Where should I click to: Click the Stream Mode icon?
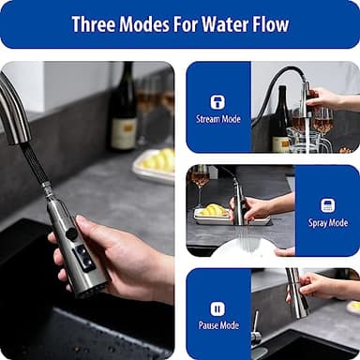point(217,101)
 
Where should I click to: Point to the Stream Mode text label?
point(217,120)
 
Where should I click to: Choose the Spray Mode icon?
point(327,205)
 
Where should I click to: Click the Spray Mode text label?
point(327,223)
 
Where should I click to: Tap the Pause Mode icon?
point(217,308)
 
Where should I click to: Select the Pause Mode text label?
point(217,326)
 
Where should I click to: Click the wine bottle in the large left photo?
point(123,108)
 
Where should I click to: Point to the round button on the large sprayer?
point(71,233)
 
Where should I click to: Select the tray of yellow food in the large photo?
point(155,165)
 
